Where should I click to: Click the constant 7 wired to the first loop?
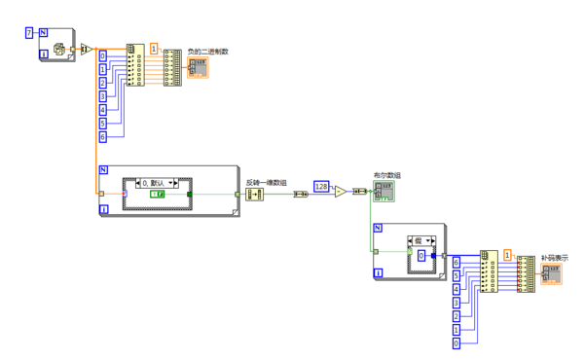tap(29, 33)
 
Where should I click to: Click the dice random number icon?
tap(59, 48)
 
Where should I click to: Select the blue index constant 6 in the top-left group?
tap(104, 137)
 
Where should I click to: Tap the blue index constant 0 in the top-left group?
tap(104, 56)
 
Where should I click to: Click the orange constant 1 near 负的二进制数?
tap(154, 48)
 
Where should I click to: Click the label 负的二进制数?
tap(208, 51)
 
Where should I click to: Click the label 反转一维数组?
tap(266, 182)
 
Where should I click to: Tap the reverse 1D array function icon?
tap(255, 195)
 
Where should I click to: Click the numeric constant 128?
tap(321, 185)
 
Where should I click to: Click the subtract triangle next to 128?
tap(338, 193)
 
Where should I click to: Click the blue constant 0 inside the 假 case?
tap(421, 255)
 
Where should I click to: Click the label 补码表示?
tap(555, 258)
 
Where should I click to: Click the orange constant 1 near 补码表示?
tap(507, 254)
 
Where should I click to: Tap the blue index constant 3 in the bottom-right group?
tap(456, 304)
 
